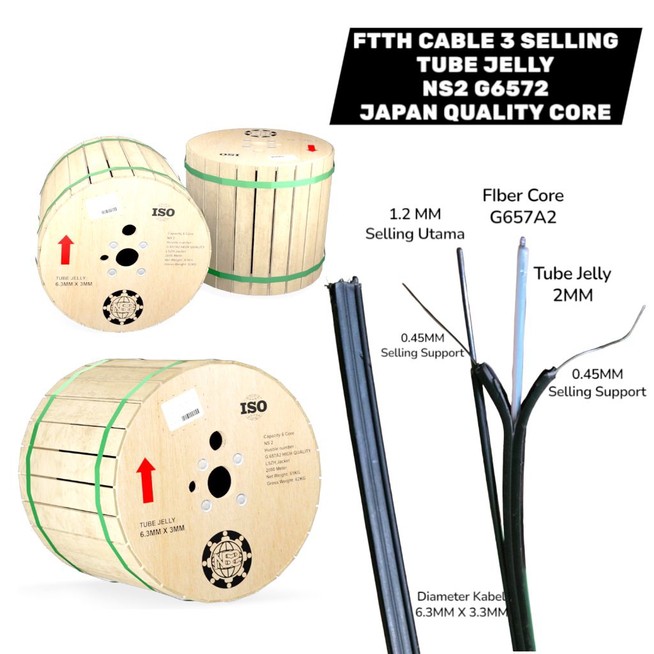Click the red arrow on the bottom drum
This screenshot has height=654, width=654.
[146, 479]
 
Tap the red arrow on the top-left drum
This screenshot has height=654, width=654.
[66, 249]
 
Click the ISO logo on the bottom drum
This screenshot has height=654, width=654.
[254, 406]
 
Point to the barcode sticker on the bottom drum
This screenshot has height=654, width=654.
[183, 413]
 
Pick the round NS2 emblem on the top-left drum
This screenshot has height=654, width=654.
[123, 307]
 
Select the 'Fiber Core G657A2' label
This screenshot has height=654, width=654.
[523, 206]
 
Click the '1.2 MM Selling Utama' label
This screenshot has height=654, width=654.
[414, 224]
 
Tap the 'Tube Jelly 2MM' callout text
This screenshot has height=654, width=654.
[572, 284]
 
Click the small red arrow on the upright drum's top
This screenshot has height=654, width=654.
[312, 148]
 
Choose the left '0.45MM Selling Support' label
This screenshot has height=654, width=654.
[422, 344]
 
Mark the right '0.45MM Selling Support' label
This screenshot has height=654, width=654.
[597, 383]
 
